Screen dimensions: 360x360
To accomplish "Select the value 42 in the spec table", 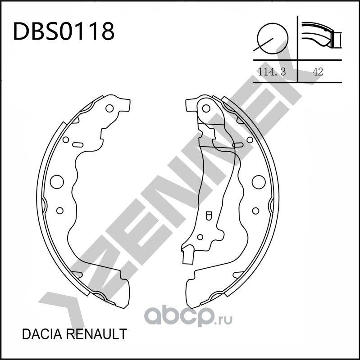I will click(x=318, y=72).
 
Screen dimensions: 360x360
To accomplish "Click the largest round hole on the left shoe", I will click(x=56, y=181).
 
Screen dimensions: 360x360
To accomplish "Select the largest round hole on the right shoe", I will click(x=258, y=182).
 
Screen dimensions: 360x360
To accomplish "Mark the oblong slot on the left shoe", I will click(x=77, y=144).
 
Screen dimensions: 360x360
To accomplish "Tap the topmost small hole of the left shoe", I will click(x=110, y=108).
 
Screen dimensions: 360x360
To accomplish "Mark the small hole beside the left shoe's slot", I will click(x=65, y=140).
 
